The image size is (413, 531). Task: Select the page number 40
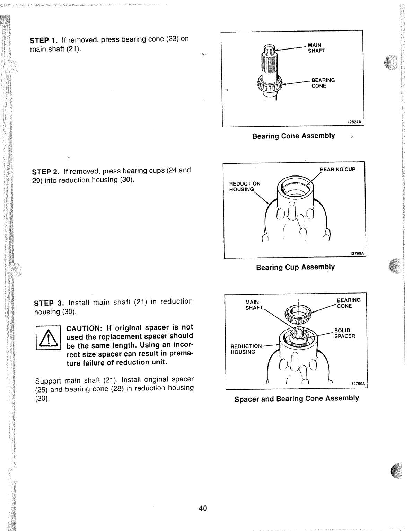click(x=203, y=508)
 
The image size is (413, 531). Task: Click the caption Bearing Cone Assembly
click(x=293, y=136)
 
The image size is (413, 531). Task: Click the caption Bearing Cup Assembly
click(x=295, y=267)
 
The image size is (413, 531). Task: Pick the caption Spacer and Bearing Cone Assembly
click(x=297, y=399)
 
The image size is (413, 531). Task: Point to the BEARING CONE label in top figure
click(x=323, y=83)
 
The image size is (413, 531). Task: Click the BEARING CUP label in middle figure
click(x=337, y=169)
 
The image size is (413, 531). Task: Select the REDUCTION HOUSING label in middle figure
click(x=244, y=186)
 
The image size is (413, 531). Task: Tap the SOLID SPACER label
click(x=344, y=333)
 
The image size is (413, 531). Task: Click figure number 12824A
click(x=354, y=122)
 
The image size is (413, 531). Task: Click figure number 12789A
click(x=357, y=253)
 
